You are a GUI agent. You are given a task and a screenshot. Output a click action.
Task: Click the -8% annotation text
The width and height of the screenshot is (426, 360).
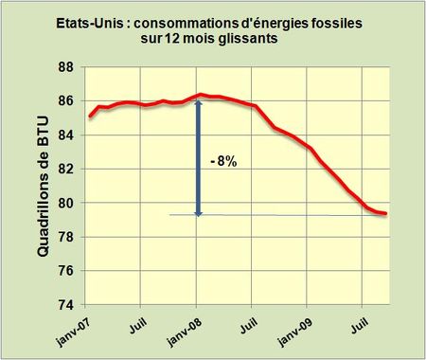click(223, 162)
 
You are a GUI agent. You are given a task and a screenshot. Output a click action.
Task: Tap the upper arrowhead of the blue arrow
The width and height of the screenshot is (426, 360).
click(198, 101)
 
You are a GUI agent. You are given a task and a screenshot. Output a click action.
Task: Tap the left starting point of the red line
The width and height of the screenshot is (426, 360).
click(88, 117)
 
